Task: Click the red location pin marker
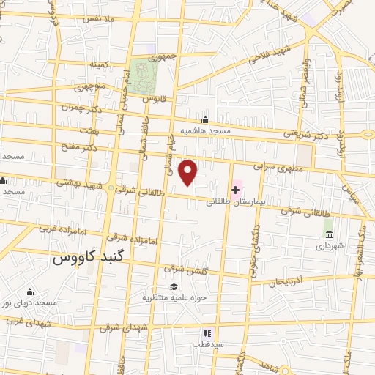pos(189,172)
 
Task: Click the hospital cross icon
pos(235,190)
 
